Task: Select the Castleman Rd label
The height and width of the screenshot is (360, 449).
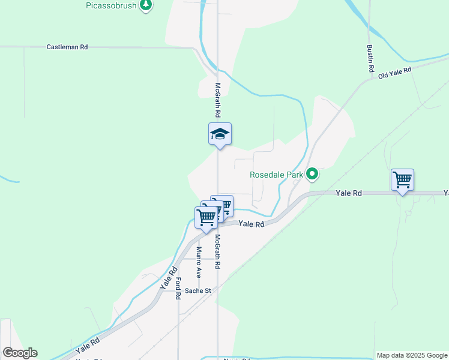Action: click(x=67, y=46)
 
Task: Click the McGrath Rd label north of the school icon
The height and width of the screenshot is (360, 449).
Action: click(x=217, y=100)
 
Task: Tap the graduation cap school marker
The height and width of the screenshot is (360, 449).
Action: click(x=220, y=134)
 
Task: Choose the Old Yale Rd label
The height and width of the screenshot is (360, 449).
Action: click(x=394, y=73)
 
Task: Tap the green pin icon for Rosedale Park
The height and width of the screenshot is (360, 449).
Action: click(x=312, y=175)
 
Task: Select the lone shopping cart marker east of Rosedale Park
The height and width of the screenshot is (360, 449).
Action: click(x=402, y=180)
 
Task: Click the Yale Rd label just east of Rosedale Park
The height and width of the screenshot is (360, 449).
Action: click(x=348, y=193)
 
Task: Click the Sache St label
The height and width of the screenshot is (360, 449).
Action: click(x=198, y=291)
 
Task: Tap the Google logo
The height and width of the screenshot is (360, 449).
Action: click(x=20, y=353)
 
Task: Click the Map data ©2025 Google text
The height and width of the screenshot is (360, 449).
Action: click(x=412, y=355)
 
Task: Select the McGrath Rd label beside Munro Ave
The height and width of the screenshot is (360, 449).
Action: click(x=217, y=251)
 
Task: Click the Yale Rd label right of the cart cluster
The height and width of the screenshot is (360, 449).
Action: click(x=251, y=224)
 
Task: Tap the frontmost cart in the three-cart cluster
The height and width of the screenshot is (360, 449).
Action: click(x=205, y=218)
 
